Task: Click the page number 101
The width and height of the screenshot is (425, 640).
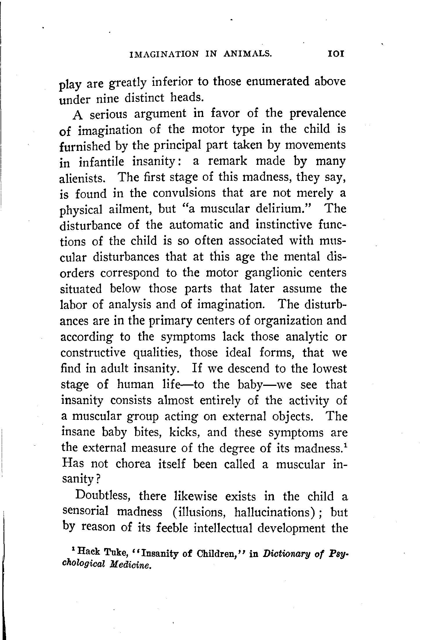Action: click(x=335, y=54)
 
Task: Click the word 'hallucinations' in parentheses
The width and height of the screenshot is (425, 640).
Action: click(x=274, y=512)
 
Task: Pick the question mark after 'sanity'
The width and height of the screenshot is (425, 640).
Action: click(x=98, y=480)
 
